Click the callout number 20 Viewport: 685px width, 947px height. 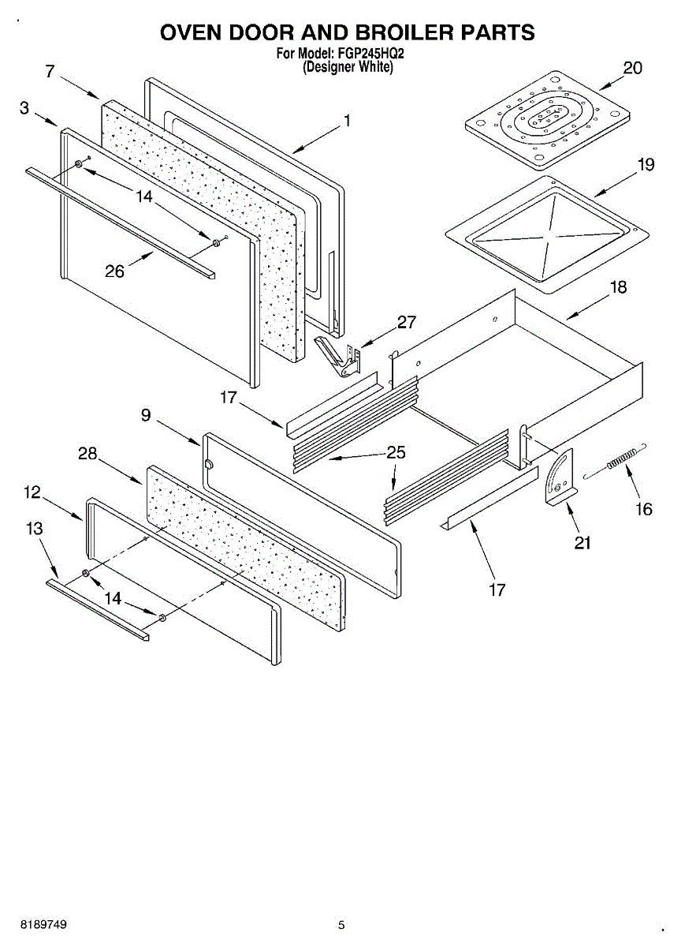632,69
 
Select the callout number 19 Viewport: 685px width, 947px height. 646,165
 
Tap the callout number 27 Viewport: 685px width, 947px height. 407,322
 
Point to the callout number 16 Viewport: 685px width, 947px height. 644,509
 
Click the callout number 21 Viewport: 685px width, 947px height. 583,542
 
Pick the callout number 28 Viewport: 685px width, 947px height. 87,454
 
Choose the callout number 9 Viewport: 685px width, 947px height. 147,414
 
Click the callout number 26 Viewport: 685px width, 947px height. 115,271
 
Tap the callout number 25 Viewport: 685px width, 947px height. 396,452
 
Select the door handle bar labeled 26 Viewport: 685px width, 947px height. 118,222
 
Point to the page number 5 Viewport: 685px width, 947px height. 341,925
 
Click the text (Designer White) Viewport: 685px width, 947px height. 348,68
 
